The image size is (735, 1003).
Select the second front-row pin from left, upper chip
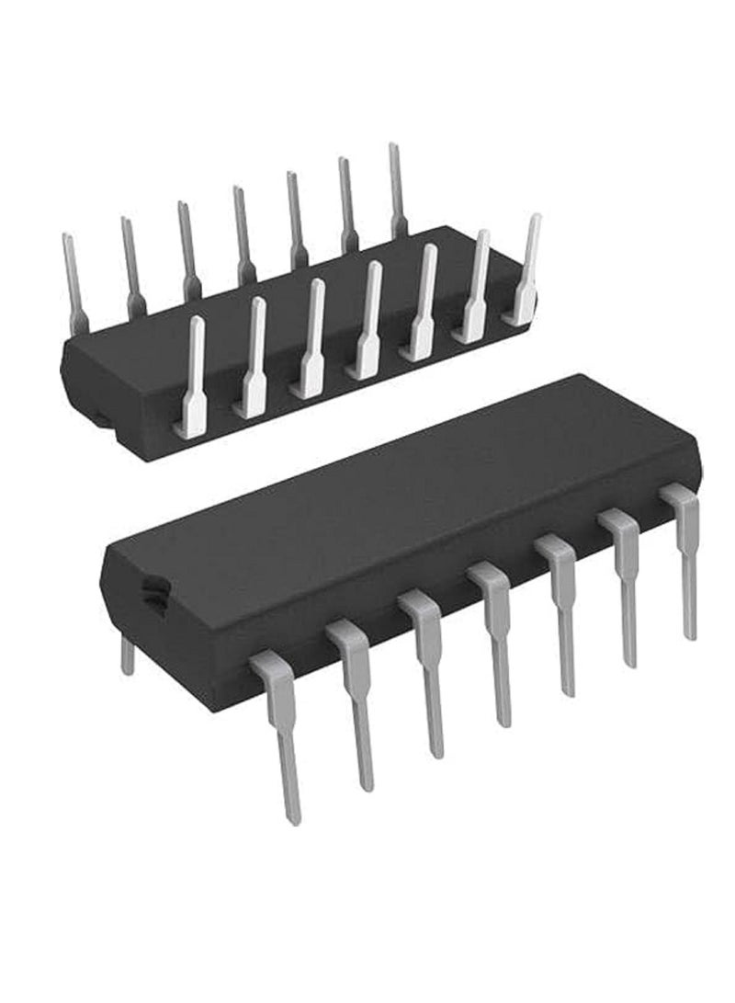click(253, 359)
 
